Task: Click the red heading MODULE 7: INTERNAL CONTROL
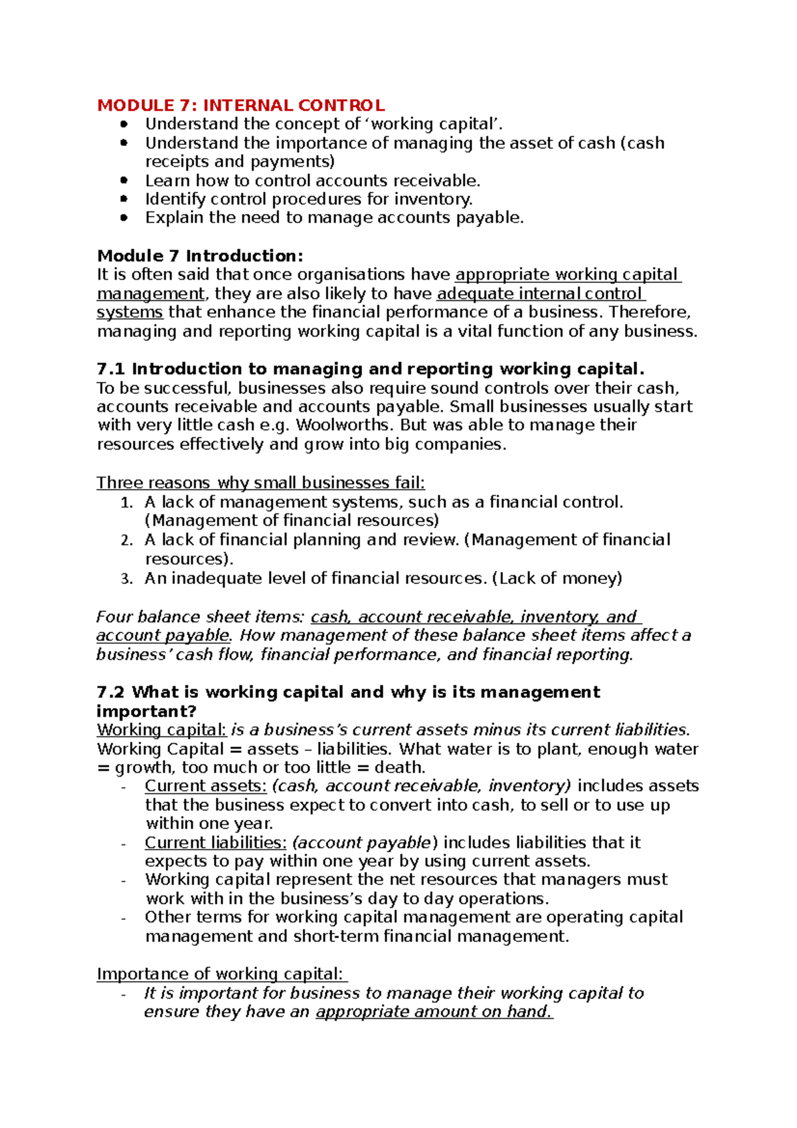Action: (x=240, y=106)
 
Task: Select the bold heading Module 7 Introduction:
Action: (x=200, y=256)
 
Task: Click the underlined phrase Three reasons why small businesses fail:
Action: (x=260, y=483)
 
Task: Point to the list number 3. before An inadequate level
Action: (x=127, y=579)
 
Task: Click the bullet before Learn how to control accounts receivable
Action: (x=124, y=181)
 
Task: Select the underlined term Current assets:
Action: (x=205, y=787)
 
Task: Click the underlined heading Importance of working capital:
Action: (x=221, y=975)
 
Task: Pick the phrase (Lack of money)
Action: (x=557, y=579)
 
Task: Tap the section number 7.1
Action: (x=110, y=369)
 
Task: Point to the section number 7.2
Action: (x=110, y=693)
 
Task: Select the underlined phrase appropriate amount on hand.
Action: (x=434, y=1012)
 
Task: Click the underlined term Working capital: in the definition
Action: (x=161, y=730)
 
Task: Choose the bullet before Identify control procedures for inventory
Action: (x=124, y=199)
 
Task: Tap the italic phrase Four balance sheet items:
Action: (x=201, y=617)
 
